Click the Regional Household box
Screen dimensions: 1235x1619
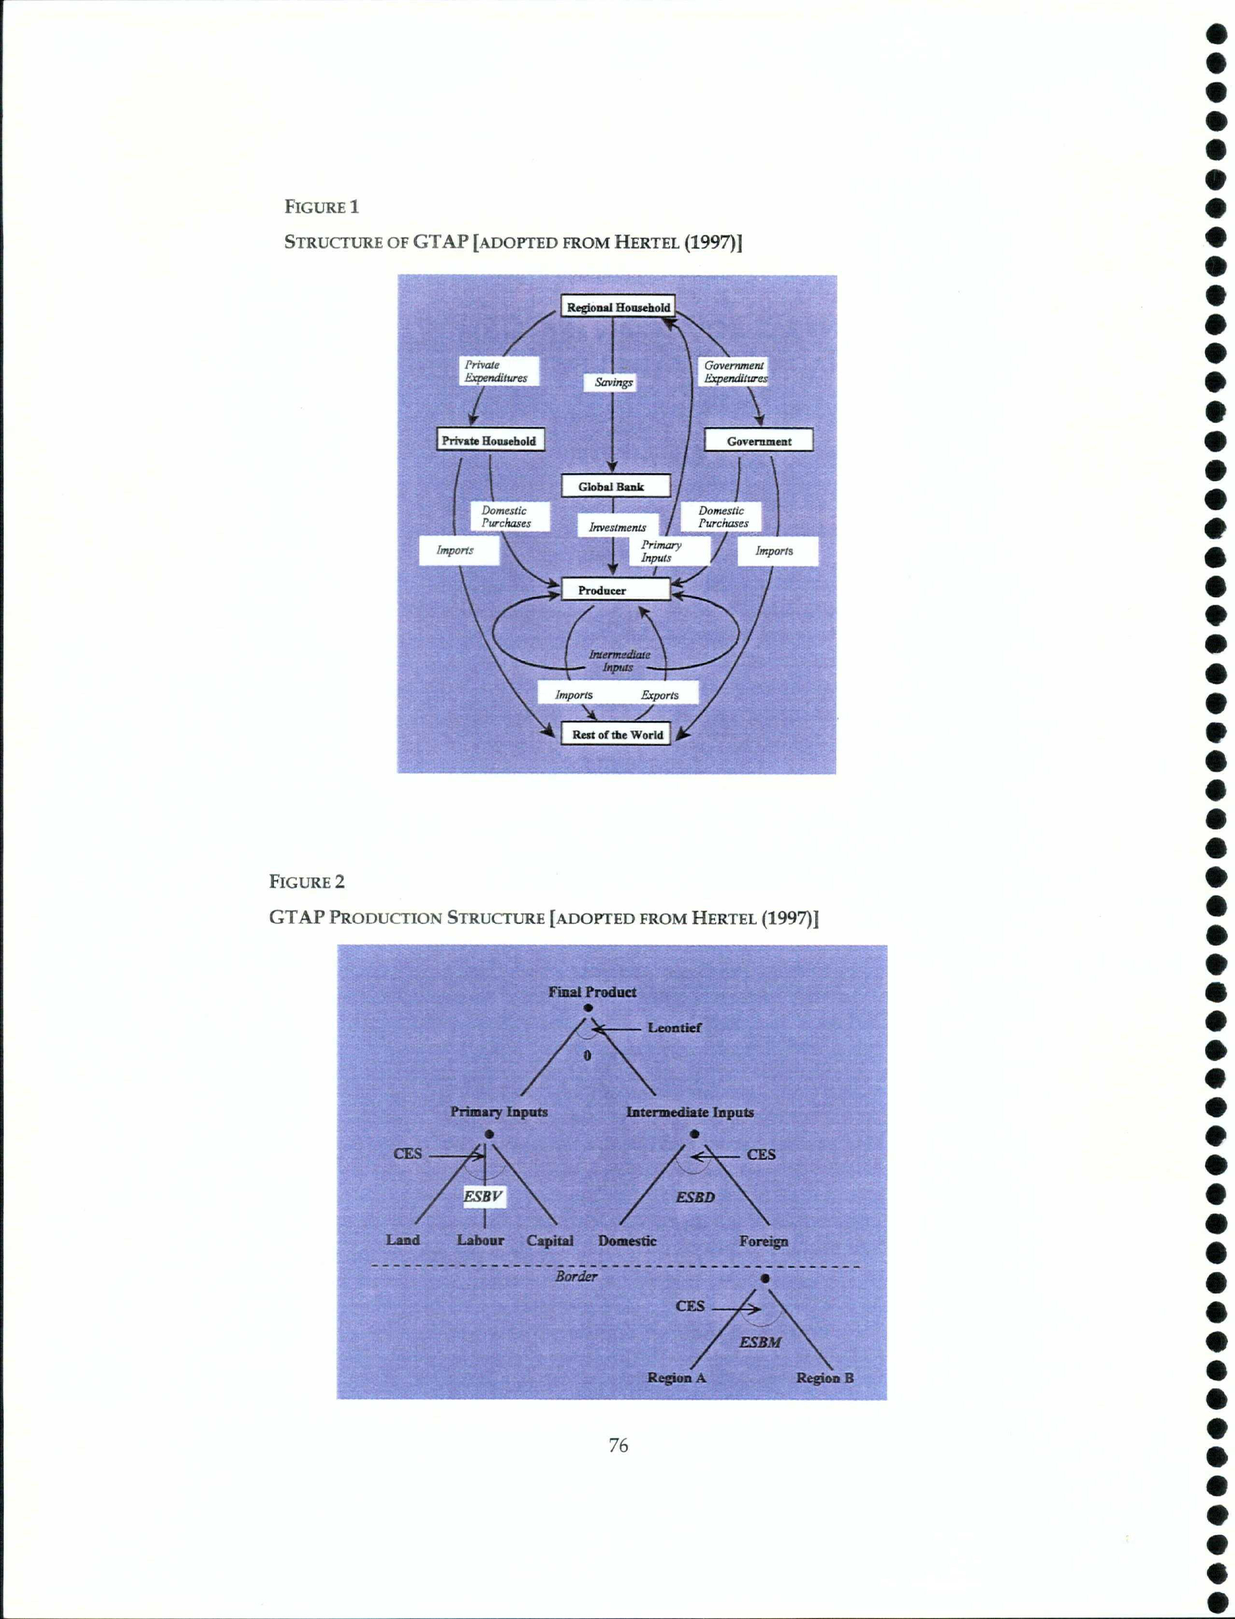617,307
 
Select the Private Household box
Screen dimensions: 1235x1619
489,440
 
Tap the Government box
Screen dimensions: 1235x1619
759,441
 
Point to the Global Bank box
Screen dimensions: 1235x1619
615,486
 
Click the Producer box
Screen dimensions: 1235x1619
615,590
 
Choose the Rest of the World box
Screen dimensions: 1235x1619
615,734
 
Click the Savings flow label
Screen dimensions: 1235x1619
614,382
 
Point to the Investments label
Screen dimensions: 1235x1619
617,526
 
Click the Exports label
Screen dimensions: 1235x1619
660,694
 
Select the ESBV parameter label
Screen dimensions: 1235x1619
483,1196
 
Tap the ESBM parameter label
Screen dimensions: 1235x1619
760,1342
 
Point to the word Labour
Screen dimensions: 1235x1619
480,1240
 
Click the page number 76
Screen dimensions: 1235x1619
618,1445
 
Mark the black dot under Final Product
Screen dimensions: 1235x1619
588,1008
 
